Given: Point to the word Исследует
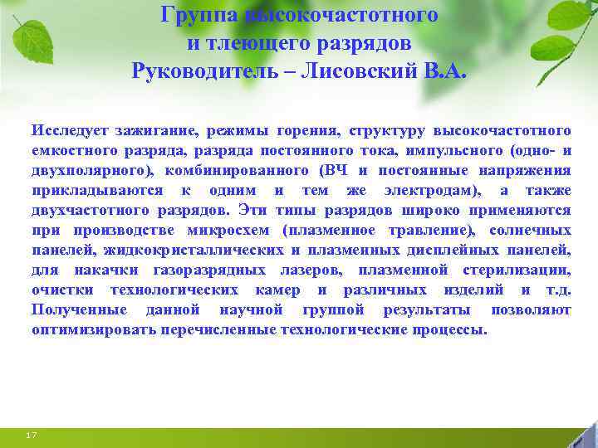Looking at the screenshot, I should pos(67,131).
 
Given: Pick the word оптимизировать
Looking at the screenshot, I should pos(91,330).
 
